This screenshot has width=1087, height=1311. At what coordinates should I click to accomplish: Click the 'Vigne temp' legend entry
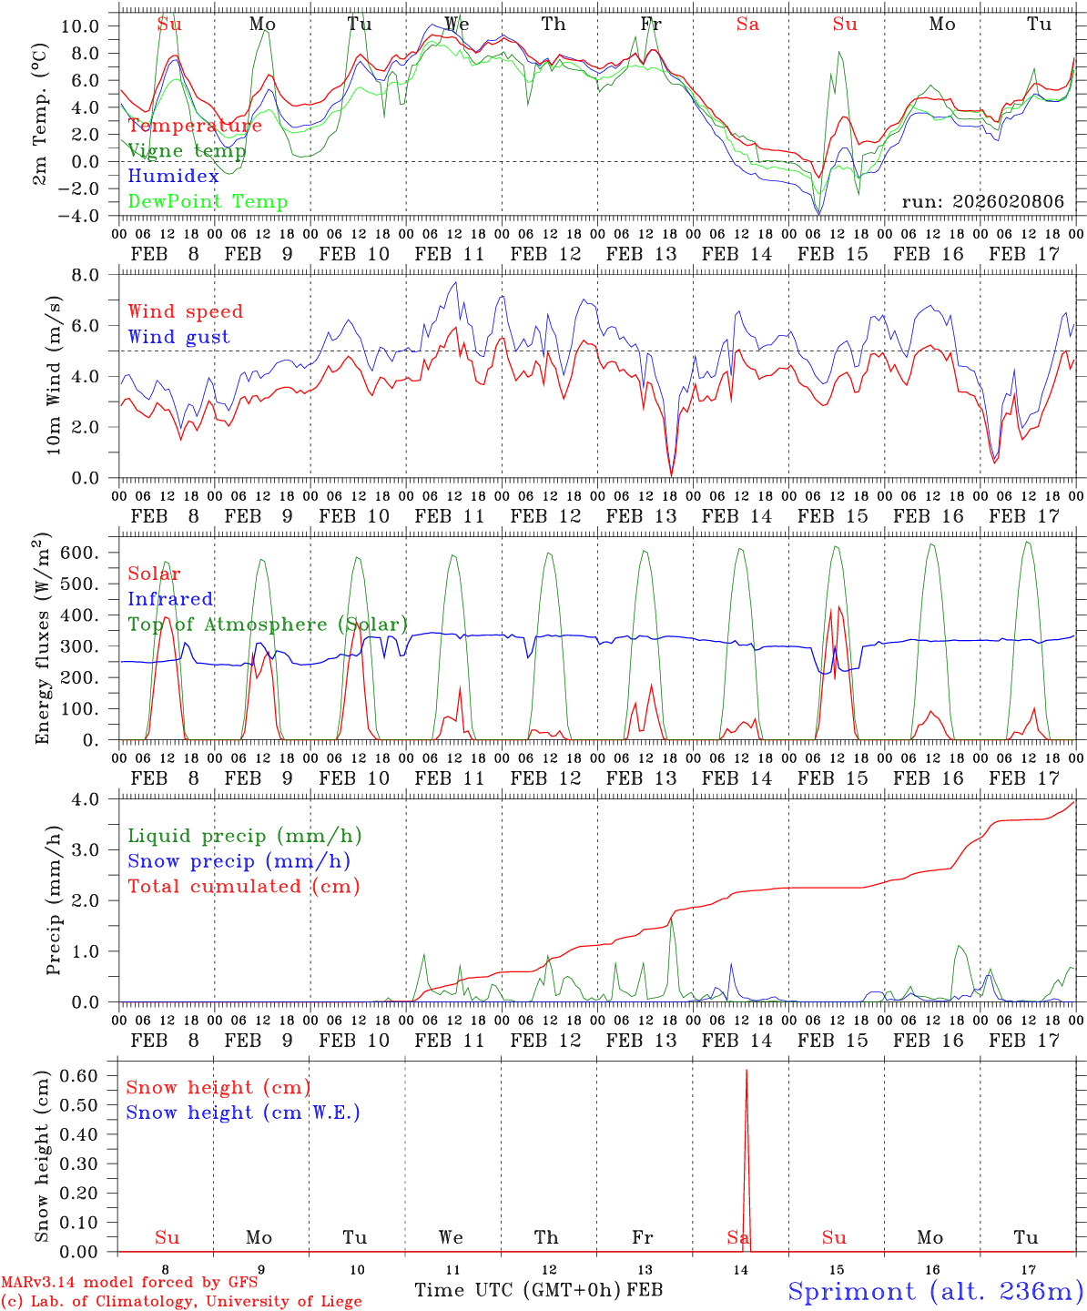[186, 151]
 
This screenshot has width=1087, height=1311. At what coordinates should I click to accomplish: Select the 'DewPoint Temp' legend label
[208, 202]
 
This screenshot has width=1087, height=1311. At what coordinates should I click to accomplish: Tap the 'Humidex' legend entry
[173, 177]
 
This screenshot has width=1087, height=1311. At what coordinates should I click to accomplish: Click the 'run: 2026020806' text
[982, 202]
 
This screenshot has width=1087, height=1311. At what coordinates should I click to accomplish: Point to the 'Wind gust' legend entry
[178, 337]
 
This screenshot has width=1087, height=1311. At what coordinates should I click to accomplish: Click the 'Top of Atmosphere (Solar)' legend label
[267, 625]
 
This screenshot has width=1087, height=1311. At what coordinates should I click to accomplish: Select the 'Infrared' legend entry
[170, 599]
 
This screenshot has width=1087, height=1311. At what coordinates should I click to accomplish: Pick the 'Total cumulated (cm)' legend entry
[243, 886]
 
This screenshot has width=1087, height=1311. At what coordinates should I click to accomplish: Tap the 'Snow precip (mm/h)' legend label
[239, 861]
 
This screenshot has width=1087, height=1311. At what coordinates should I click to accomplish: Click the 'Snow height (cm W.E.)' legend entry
[242, 1113]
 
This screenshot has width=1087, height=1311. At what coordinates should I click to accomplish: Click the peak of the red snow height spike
[747, 1071]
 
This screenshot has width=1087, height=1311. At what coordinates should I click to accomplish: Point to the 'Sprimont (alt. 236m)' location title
[935, 1291]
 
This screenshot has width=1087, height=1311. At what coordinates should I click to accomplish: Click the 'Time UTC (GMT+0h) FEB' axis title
[538, 1290]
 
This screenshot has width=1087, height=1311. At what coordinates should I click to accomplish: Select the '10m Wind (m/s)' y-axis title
[55, 377]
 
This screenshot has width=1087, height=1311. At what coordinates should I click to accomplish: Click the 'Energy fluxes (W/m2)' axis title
[43, 640]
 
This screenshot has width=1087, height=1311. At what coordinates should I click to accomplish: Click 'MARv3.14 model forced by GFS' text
[129, 1283]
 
